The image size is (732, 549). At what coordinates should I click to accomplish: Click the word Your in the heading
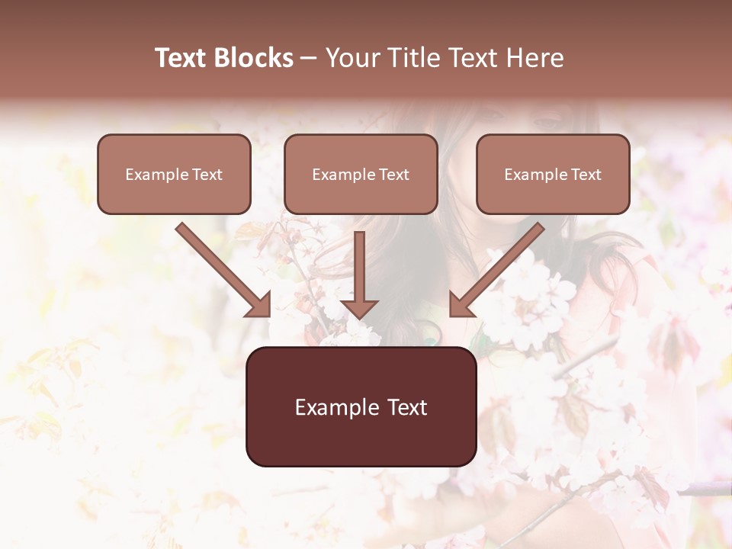click(x=352, y=58)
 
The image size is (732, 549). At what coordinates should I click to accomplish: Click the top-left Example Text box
click(x=174, y=174)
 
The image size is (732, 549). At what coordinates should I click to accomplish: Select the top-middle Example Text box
click(x=361, y=174)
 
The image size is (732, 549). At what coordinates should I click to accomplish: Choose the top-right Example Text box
click(x=553, y=174)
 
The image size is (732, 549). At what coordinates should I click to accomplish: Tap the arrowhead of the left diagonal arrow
click(x=260, y=305)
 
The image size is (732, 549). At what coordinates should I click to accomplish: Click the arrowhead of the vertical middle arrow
click(x=359, y=308)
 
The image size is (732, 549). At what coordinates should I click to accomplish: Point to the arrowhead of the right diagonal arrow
click(x=460, y=305)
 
